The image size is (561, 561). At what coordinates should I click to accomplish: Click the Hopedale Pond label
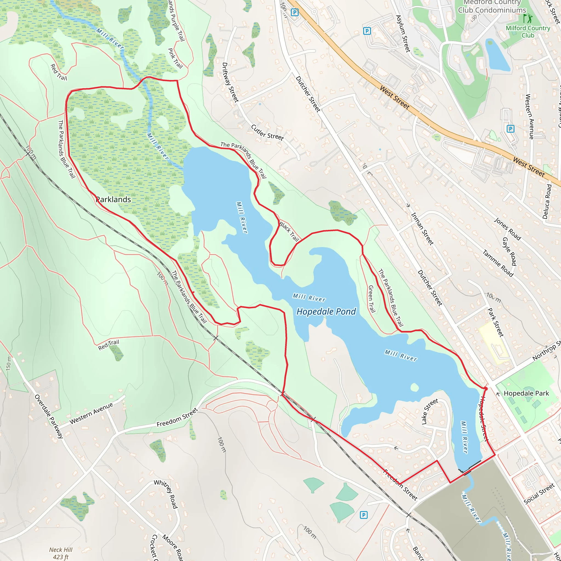tap(326, 311)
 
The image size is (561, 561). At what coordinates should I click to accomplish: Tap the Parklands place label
tap(113, 199)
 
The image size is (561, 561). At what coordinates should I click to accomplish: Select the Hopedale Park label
tap(526, 393)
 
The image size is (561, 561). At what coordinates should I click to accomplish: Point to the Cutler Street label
tap(267, 132)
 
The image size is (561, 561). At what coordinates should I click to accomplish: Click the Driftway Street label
tap(230, 82)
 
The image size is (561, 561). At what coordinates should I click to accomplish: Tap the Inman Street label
tap(422, 229)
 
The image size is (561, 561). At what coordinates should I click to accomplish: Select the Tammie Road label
tap(498, 263)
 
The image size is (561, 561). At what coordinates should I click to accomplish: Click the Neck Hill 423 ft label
tap(61, 553)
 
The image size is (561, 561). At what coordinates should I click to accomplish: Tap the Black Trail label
tap(289, 231)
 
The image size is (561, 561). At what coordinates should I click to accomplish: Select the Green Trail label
tap(371, 299)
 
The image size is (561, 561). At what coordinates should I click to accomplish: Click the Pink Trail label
tap(175, 58)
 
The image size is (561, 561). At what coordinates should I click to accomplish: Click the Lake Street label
tap(430, 411)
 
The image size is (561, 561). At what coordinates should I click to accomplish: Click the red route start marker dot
tap(486, 388)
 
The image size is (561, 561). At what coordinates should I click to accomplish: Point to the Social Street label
tap(539, 493)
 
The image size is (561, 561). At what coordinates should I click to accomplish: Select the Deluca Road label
tap(547, 201)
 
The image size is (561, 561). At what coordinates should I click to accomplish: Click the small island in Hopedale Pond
tap(415, 387)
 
